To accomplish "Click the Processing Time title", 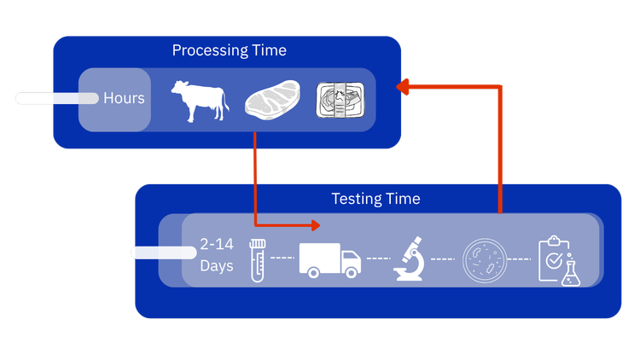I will pyautogui.click(x=229, y=50).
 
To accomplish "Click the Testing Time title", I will pyautogui.click(x=375, y=199).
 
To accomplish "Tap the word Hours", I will pyautogui.click(x=124, y=98).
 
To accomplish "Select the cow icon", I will pyautogui.click(x=200, y=100).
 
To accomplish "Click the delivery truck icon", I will pyautogui.click(x=329, y=258).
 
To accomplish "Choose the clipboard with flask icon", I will pyautogui.click(x=560, y=259).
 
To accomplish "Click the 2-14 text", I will pyautogui.click(x=216, y=244).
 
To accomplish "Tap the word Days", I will pyautogui.click(x=217, y=266).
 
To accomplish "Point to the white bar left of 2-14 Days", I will pyautogui.click(x=162, y=253).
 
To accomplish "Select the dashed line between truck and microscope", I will pyautogui.click(x=375, y=258).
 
